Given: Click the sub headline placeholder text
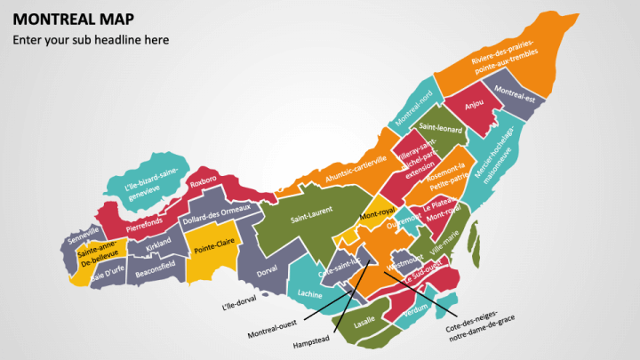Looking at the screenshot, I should [x=90, y=40].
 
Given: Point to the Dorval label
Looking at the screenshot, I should [x=267, y=273].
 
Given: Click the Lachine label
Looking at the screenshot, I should [x=310, y=293].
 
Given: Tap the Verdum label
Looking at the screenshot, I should [x=416, y=313].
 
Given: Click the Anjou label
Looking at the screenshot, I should [x=474, y=105].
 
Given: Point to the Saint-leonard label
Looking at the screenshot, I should [x=441, y=131].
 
